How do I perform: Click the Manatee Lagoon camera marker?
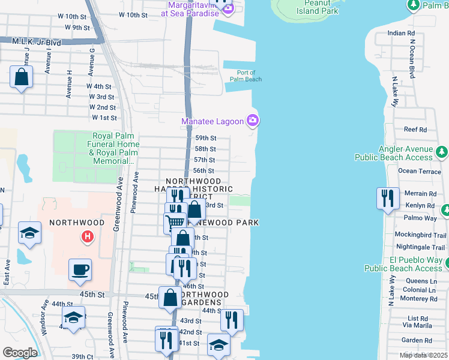[x=253, y=121]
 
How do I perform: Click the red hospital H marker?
[x=88, y=236]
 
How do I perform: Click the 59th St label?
[x=205, y=138]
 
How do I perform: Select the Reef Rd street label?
[x=415, y=129]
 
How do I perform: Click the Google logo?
[x=20, y=353]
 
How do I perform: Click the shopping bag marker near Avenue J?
[x=21, y=77]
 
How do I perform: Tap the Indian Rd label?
[x=402, y=33]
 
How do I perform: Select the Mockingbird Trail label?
[x=420, y=235]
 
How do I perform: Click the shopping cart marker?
[x=175, y=222]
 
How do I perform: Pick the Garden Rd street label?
[x=413, y=340]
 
